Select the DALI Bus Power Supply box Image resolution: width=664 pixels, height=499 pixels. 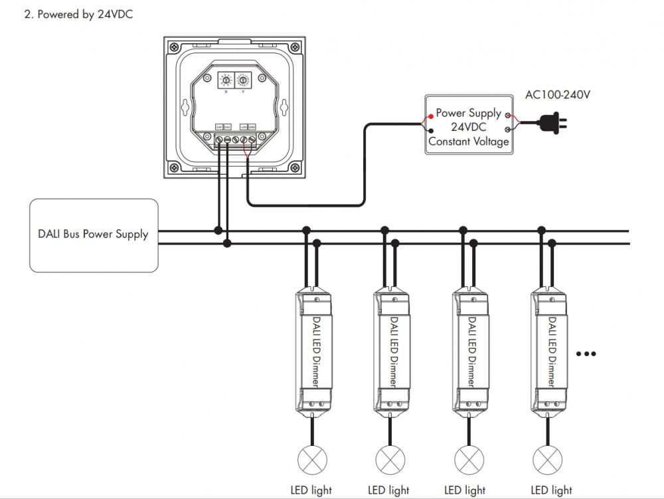(94, 235)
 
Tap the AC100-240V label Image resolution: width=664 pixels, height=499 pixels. (557, 95)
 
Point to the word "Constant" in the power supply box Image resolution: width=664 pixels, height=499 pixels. (449, 142)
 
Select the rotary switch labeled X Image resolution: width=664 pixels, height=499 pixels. (226, 80)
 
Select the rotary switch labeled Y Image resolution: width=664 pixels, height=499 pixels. (243, 80)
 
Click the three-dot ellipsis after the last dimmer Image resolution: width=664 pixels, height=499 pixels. (586, 353)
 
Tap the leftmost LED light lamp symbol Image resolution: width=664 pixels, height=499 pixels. (308, 459)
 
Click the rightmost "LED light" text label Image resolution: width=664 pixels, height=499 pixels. (551, 490)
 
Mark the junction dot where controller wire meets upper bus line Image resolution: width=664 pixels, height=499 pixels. (218, 231)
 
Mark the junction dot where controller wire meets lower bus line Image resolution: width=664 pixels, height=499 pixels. (227, 244)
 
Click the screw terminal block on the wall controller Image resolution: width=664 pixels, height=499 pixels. (235, 139)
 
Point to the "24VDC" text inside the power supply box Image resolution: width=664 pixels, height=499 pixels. (469, 128)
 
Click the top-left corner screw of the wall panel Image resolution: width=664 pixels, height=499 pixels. (174, 48)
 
